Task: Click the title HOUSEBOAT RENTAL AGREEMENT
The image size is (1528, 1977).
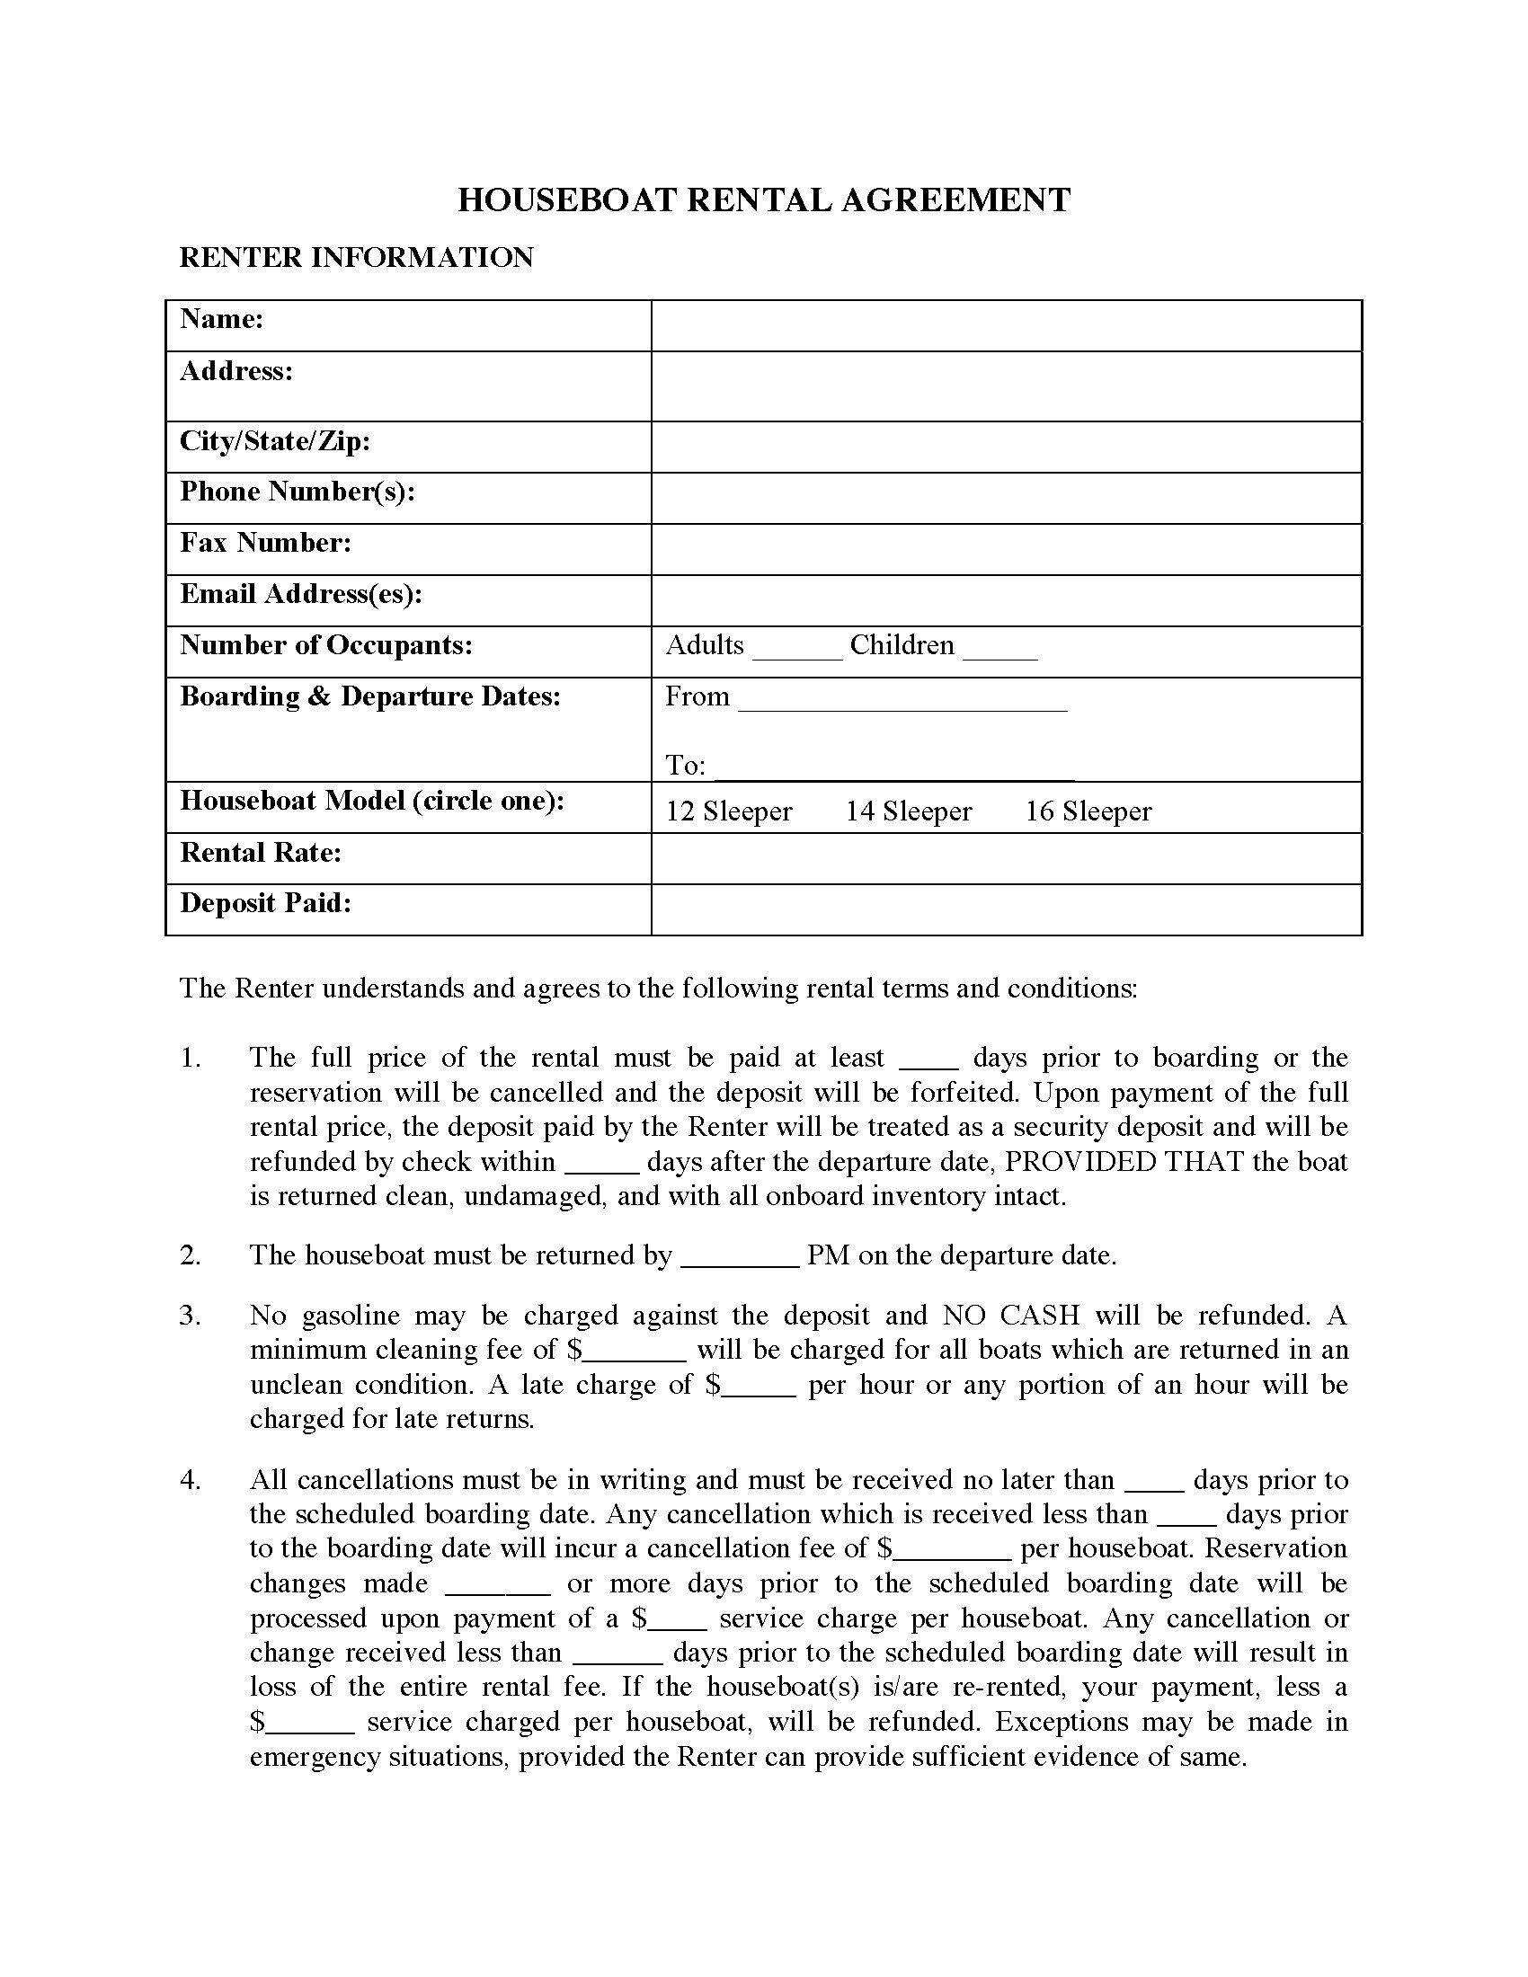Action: (763, 200)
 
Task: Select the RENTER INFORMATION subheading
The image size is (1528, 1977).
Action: (357, 258)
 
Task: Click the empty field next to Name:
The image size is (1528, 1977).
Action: (1006, 326)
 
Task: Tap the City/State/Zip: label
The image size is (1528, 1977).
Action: (275, 441)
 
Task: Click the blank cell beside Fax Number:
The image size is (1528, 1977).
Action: (1006, 548)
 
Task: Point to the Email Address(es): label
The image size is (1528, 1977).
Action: (301, 594)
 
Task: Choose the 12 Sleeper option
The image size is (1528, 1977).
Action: (729, 811)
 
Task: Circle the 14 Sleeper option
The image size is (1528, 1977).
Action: (908, 811)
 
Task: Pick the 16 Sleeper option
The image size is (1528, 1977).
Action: (1088, 811)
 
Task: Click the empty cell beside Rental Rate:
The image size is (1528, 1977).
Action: (1006, 858)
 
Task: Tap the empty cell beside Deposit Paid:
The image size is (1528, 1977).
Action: (1006, 909)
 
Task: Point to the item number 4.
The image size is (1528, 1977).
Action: (190, 1480)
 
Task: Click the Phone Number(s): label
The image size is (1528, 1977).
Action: (297, 492)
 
